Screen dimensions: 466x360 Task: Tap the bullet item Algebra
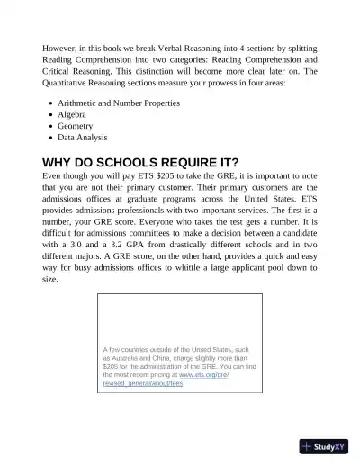click(75, 115)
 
